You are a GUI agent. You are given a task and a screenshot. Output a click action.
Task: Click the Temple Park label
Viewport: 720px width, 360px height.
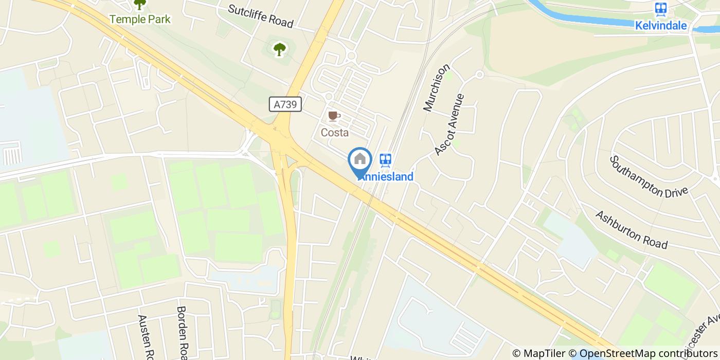coord(139,19)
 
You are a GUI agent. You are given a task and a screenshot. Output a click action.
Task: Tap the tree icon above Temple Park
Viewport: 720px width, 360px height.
coord(140,4)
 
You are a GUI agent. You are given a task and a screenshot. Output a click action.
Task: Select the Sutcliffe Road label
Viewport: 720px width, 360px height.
coord(260,16)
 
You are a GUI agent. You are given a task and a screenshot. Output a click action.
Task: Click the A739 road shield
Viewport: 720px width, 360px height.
coord(285,104)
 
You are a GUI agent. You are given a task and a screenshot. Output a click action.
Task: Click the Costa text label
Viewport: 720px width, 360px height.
coord(335,133)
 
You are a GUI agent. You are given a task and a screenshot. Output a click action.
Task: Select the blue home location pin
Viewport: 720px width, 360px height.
coord(360,159)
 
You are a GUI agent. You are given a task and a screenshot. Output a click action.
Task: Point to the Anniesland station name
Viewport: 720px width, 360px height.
coord(387,177)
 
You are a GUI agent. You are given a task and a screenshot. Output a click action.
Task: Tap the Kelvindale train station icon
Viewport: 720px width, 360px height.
coord(661,9)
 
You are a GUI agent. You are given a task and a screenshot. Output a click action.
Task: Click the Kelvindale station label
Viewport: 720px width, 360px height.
coord(661,25)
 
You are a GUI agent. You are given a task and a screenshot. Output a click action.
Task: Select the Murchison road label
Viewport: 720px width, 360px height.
coord(436,87)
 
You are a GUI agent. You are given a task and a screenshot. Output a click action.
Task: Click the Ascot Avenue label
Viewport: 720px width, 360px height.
coord(449,124)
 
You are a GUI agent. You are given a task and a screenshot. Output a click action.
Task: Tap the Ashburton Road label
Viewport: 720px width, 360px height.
coord(631,229)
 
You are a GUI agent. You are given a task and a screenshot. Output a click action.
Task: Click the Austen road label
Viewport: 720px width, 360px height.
coord(143,336)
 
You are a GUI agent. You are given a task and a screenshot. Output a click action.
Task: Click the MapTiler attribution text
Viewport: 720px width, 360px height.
coord(538,353)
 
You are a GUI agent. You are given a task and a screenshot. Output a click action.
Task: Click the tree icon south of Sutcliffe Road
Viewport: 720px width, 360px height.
coord(279,49)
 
